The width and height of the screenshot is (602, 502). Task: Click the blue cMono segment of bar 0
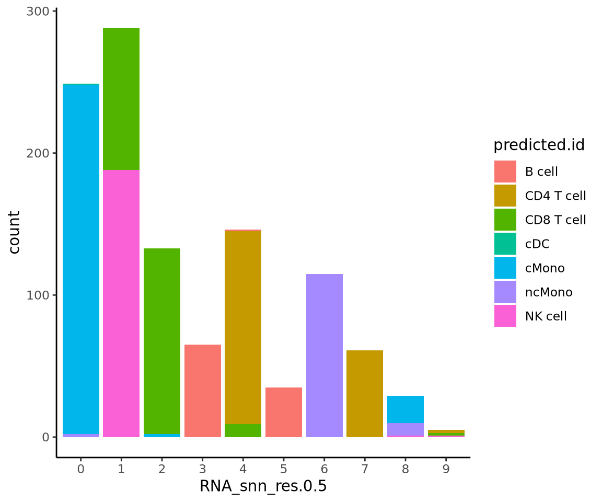coord(81,259)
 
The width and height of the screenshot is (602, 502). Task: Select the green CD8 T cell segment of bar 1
coord(121,99)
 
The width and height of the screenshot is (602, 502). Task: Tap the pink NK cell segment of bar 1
coord(121,303)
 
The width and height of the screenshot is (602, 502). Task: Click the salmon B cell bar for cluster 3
coord(203,391)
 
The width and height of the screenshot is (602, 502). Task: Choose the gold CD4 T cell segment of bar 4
coord(243,327)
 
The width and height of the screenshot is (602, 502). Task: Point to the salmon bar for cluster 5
coord(284,412)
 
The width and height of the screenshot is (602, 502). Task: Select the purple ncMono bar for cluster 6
coord(324,356)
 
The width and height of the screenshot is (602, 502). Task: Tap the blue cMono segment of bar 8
coord(406,409)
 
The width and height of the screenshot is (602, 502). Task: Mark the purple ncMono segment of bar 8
coord(406,429)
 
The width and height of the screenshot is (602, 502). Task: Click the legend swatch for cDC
coord(505,244)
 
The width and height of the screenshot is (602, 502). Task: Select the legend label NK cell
coord(546,316)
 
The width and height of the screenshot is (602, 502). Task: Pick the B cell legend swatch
coord(505,172)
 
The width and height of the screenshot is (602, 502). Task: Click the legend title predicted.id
coord(539,145)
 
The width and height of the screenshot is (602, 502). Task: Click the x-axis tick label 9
coord(446,469)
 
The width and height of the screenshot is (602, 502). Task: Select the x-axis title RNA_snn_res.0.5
coord(263,486)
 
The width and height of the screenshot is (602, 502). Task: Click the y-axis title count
coord(15,232)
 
